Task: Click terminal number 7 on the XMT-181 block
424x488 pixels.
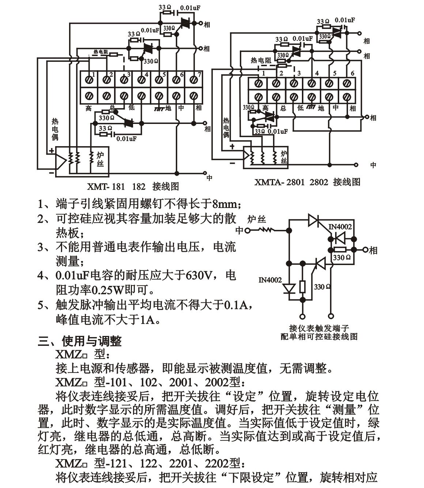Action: [199, 75]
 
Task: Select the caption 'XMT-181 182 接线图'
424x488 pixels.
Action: [133, 186]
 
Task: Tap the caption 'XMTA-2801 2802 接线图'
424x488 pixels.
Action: [307, 182]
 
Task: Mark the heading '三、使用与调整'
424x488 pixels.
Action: [80, 341]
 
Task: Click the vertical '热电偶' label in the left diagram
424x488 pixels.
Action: [55, 129]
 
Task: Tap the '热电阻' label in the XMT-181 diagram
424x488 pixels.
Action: [101, 52]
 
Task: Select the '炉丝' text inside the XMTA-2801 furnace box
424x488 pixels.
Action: [284, 157]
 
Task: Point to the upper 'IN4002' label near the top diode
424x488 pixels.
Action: [340, 227]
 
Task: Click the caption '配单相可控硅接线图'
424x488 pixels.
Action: [319, 337]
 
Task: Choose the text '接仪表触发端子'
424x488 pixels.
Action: [319, 328]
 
